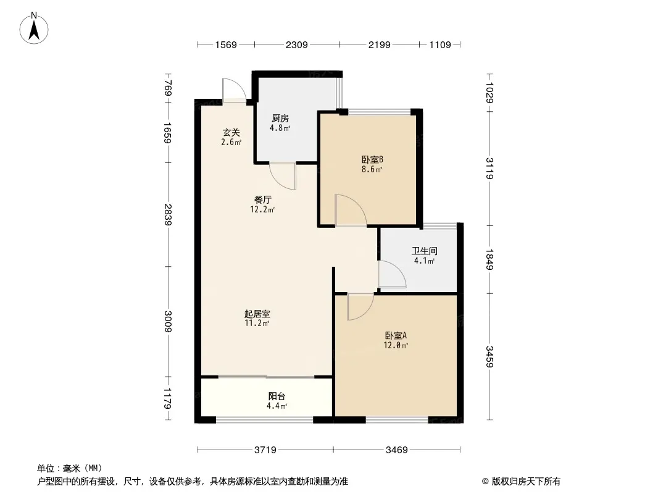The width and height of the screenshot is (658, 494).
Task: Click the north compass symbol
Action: pos(36,27)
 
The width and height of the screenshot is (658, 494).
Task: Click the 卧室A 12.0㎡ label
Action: pos(396,340)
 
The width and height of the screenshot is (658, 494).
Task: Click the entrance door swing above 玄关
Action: pos(233,91)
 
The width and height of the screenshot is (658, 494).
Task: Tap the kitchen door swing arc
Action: pos(284,176)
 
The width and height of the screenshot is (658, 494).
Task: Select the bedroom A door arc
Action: pos(359,307)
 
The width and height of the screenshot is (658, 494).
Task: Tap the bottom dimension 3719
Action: pos(265,450)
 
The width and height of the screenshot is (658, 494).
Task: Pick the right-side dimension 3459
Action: pos(489,356)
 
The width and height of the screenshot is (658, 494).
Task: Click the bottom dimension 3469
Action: pos(397,450)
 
